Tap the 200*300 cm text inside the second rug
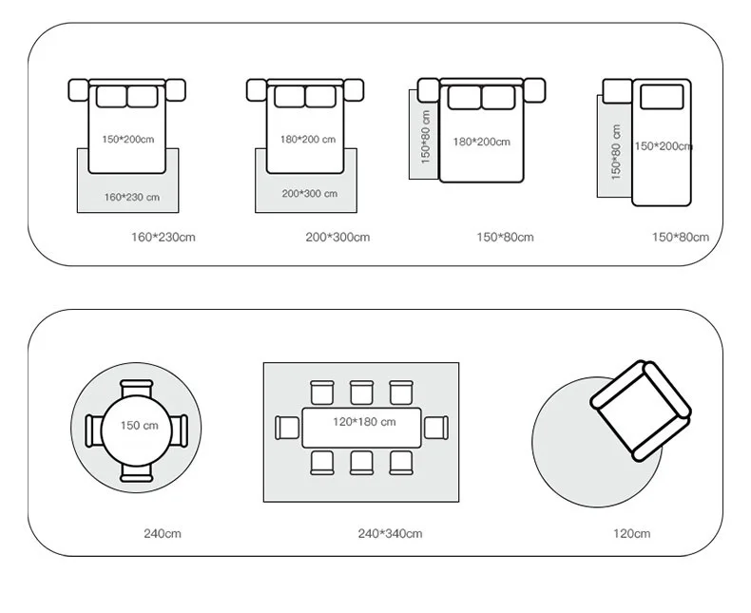pyautogui.click(x=309, y=194)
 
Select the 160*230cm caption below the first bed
pyautogui.click(x=163, y=237)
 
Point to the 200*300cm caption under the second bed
pyautogui.click(x=337, y=237)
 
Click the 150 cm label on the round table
pyautogui.click(x=139, y=425)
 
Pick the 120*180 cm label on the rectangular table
pyautogui.click(x=364, y=421)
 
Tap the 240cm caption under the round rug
pyautogui.click(x=162, y=534)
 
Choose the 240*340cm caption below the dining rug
pyautogui.click(x=390, y=534)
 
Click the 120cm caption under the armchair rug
pyautogui.click(x=630, y=534)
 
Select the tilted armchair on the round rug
pyautogui.click(x=641, y=409)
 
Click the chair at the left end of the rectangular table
pyautogui.click(x=286, y=428)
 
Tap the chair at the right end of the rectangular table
pyautogui.click(x=436, y=428)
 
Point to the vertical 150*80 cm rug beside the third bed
pyautogui.click(x=423, y=135)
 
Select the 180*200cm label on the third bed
pyautogui.click(x=481, y=143)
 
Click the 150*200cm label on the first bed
pyautogui.click(x=127, y=140)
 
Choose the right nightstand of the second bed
pyautogui.click(x=355, y=90)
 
